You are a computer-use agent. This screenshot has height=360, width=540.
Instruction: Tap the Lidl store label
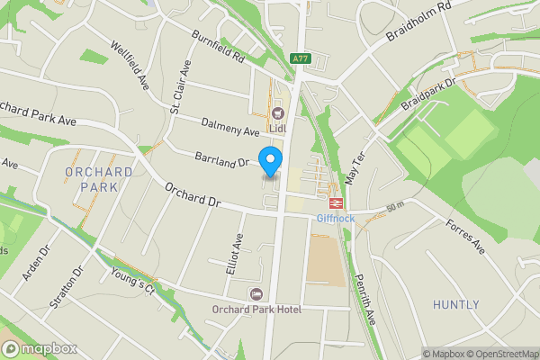point(276,128)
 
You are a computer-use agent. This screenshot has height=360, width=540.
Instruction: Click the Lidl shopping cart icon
point(276,113)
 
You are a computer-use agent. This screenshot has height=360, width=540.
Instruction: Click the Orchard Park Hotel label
point(256,309)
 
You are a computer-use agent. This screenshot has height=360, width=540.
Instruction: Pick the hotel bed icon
point(256,294)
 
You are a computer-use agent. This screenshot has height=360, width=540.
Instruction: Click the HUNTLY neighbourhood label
point(456,305)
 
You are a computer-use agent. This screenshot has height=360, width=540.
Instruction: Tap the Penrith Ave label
point(368,297)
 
